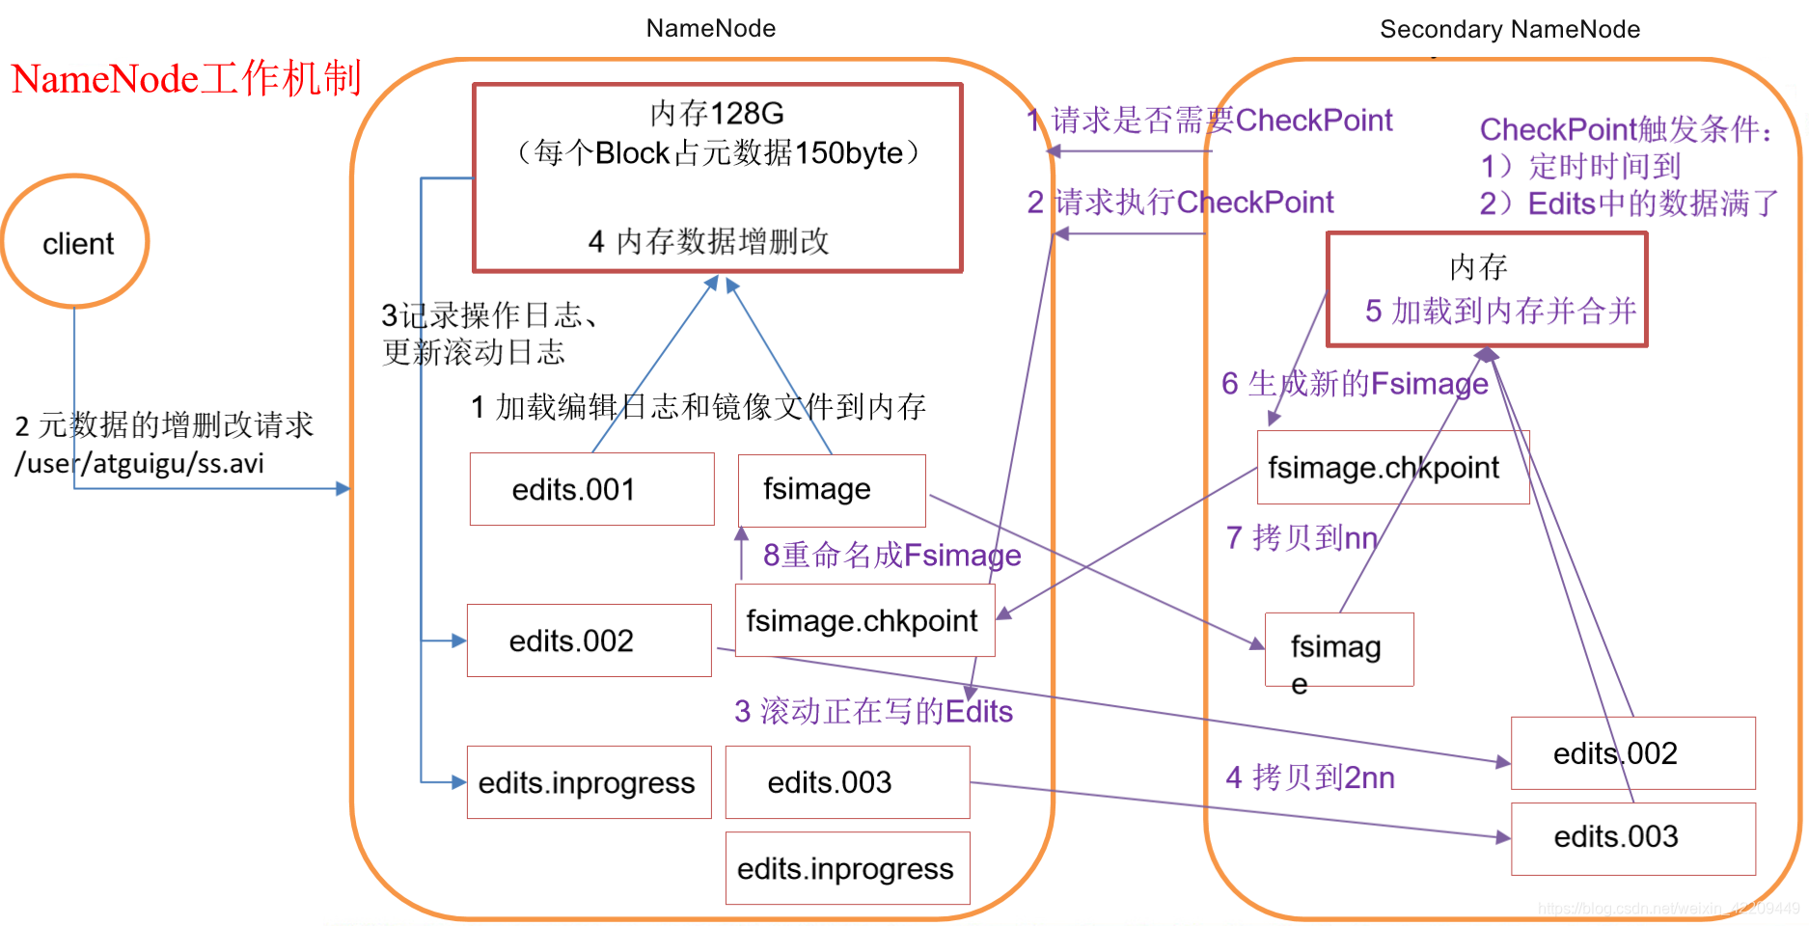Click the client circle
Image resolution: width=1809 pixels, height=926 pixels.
[76, 242]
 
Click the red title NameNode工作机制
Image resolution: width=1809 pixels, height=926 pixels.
[186, 79]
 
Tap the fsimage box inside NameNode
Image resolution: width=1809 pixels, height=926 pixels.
[831, 490]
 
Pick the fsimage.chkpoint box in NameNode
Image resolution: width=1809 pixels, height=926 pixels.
[863, 620]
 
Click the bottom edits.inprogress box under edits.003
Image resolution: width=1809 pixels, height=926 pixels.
[846, 868]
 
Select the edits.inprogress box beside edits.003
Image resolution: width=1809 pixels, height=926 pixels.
[589, 782]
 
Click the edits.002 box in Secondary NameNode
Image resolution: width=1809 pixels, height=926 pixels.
[1632, 753]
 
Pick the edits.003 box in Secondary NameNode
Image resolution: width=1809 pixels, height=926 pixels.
[1632, 837]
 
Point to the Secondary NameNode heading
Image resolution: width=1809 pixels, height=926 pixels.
[1509, 29]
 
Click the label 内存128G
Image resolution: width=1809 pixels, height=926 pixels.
[717, 114]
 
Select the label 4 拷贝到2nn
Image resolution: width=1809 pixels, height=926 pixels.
[1309, 777]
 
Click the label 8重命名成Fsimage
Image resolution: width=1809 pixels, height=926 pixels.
[891, 556]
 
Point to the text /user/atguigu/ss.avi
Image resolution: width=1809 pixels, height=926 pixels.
[139, 464]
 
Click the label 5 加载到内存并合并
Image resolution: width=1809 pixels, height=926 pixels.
[1500, 311]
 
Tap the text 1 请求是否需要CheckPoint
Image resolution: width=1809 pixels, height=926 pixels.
[1210, 121]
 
